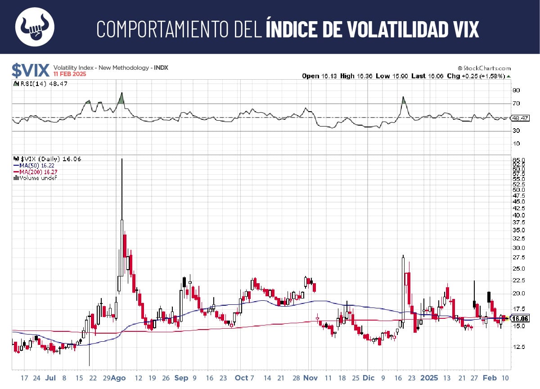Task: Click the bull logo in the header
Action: [x=35, y=27]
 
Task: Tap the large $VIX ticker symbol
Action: [x=30, y=70]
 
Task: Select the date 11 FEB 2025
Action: [x=70, y=74]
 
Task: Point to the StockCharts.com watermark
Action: [x=484, y=68]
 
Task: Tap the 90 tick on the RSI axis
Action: [x=516, y=90]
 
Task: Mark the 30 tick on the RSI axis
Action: [x=516, y=131]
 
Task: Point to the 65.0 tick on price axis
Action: [x=519, y=160]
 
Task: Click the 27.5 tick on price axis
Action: [x=519, y=258]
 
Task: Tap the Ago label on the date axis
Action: [x=119, y=378]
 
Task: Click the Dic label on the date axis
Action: [x=368, y=378]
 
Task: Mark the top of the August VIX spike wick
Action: [x=121, y=159]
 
